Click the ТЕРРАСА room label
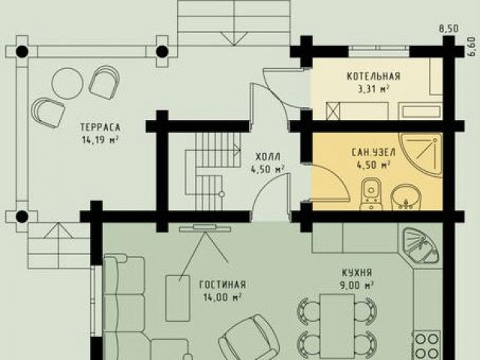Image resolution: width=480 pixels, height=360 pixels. tap(100, 127)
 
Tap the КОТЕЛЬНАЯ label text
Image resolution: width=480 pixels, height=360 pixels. tap(373, 76)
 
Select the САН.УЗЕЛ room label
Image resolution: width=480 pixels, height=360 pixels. tap(373, 152)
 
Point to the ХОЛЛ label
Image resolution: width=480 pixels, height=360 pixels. tap(268, 157)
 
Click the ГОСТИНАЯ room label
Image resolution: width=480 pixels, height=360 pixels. tap(223, 285)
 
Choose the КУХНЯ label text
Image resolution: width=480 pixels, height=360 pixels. tap(357, 272)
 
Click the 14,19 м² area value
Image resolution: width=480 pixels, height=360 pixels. tap(100, 140)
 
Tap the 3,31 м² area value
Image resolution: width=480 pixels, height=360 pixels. tap(373, 89)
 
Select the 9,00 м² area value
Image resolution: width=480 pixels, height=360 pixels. tap(357, 285)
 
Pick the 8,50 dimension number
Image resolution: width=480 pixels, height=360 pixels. tap(449, 28)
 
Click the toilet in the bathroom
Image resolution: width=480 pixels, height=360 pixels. tap(371, 195)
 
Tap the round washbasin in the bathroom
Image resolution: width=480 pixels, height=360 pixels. tap(406, 198)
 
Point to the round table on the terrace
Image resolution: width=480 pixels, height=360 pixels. tap(67, 82)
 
